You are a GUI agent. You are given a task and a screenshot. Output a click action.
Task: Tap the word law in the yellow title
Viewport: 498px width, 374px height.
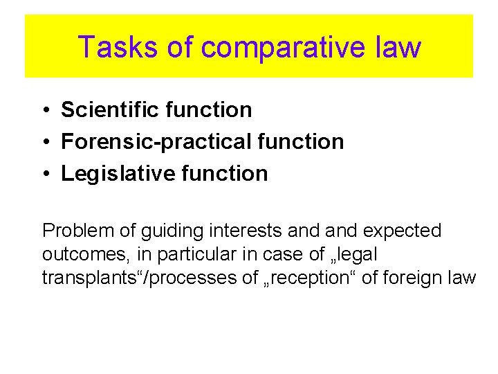tap(400, 47)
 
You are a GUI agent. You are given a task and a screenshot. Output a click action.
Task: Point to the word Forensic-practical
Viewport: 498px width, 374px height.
tap(155, 141)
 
